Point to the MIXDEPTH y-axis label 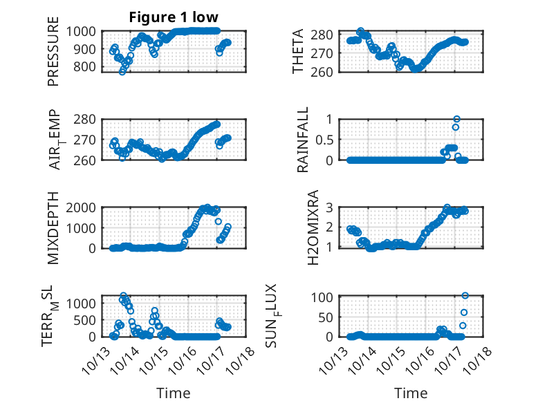[x=54, y=227]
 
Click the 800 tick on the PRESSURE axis [x=86, y=67]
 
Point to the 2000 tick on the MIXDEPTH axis [x=84, y=207]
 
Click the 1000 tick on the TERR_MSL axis [x=84, y=303]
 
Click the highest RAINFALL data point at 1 [x=456, y=119]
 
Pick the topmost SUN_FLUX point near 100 [x=465, y=296]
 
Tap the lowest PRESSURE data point [x=122, y=72]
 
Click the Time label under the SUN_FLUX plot [x=411, y=393]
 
